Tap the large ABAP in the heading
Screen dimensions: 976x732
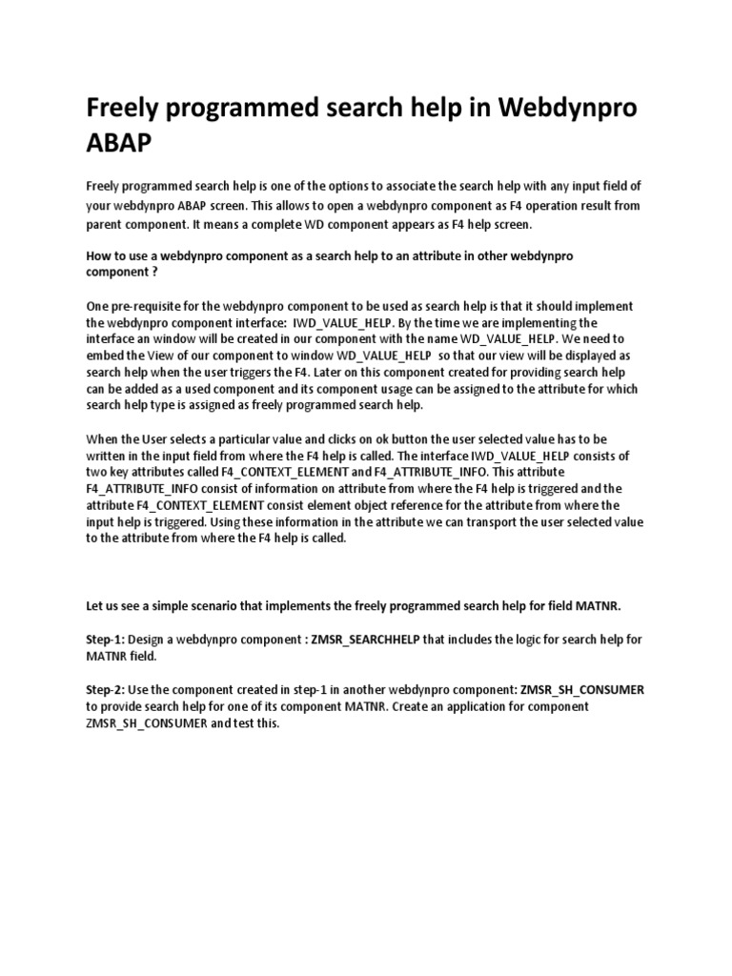pos(118,145)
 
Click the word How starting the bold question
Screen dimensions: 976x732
pos(99,257)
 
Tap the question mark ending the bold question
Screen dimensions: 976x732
pos(154,272)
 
